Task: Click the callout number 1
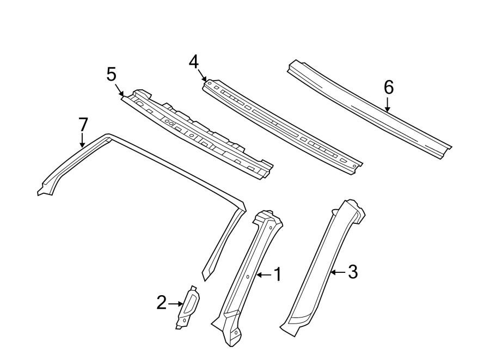click(277, 275)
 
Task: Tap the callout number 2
click(161, 303)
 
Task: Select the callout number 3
click(352, 272)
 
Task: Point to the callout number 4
click(194, 63)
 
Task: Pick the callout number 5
click(112, 75)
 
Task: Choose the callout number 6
click(388, 87)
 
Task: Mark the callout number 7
click(83, 125)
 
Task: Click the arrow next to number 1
click(263, 275)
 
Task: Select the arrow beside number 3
click(338, 272)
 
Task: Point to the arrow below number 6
click(388, 105)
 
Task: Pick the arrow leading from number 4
click(202, 76)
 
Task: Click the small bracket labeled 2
click(188, 308)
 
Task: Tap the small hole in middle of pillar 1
click(248, 277)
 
